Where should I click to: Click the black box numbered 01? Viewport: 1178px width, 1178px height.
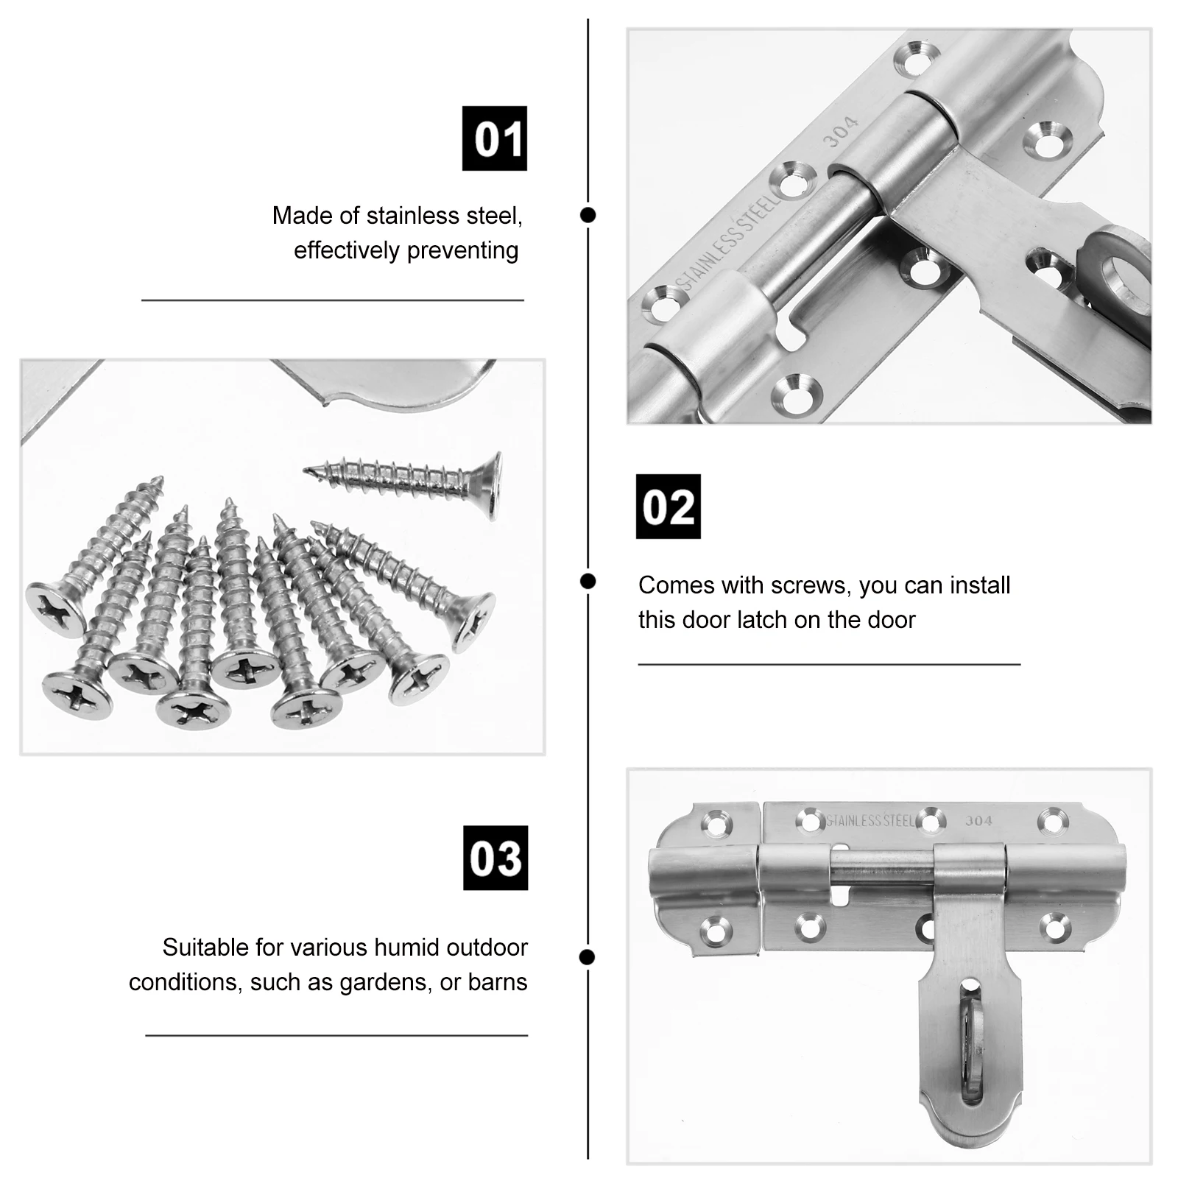coord(494,138)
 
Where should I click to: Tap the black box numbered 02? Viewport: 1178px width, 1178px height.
coord(668,507)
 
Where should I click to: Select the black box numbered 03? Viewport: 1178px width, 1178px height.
coord(495,858)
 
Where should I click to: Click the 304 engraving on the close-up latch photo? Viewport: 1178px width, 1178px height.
coord(840,131)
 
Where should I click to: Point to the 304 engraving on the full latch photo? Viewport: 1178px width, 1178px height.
coord(978,821)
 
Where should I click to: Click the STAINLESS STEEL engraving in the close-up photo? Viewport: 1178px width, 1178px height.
coord(727,241)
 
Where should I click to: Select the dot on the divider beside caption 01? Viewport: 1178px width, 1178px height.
coord(588,215)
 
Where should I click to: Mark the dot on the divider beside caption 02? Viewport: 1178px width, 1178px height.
coord(588,582)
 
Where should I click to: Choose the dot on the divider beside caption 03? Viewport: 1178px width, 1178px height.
coord(587,957)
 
